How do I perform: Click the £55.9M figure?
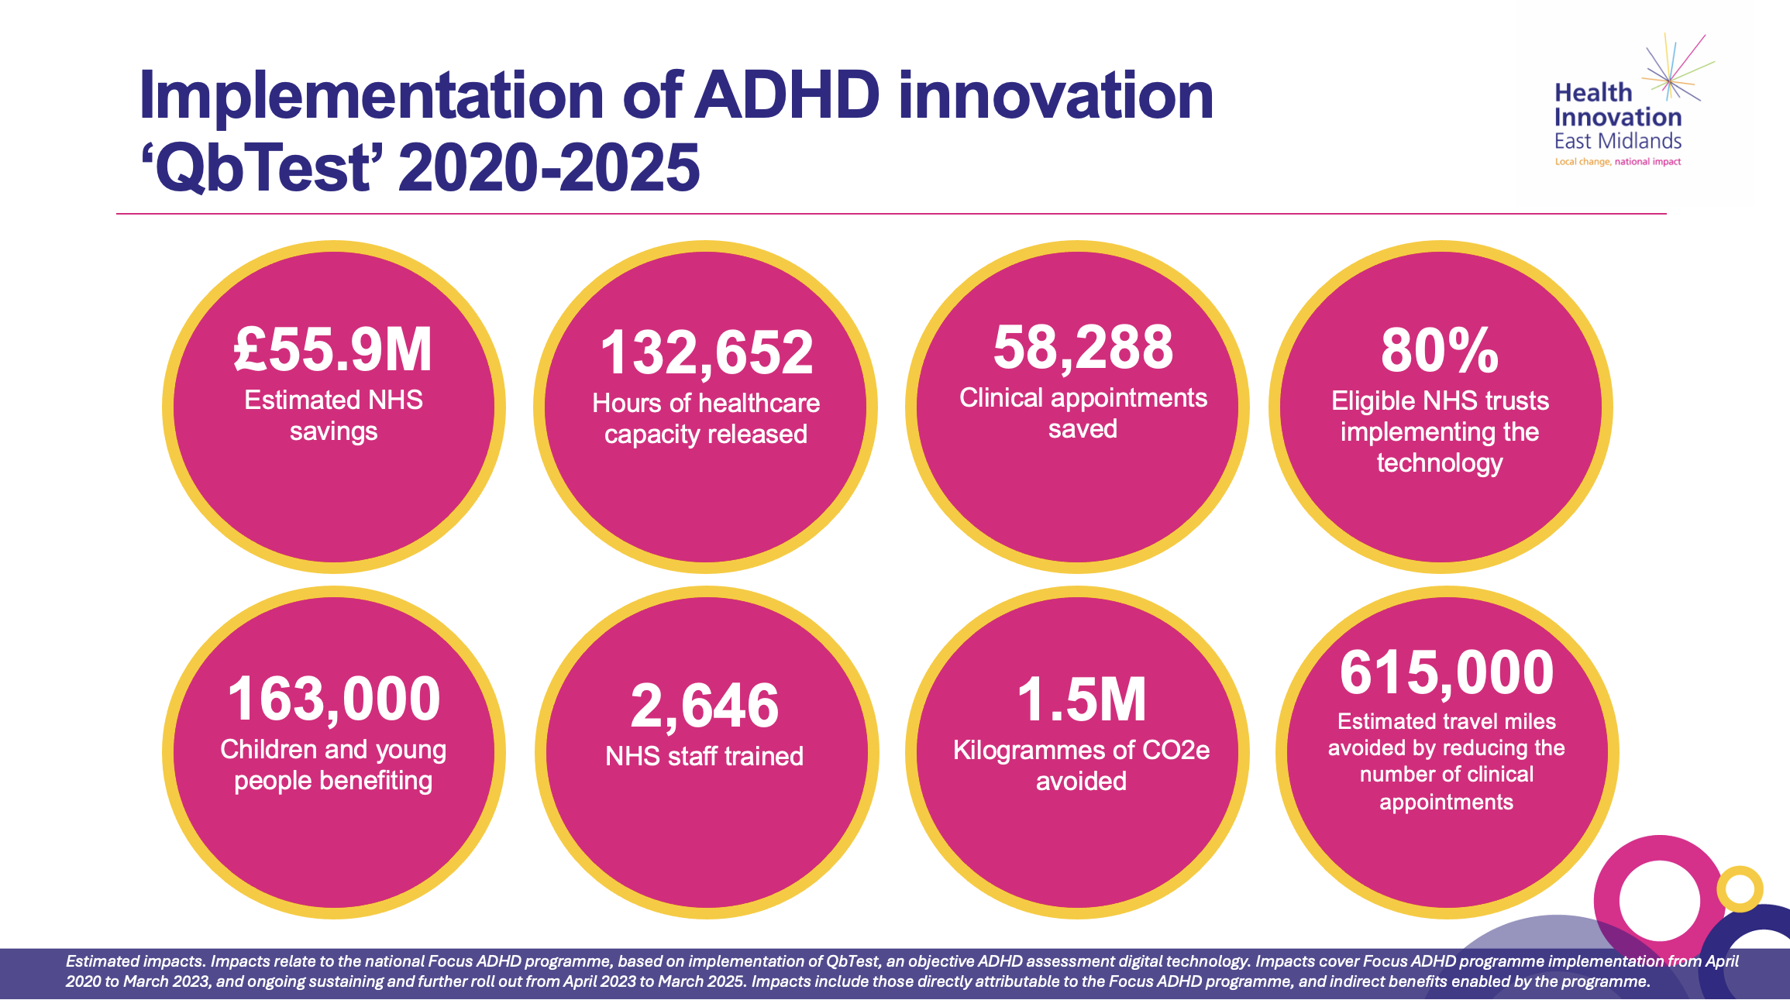333,350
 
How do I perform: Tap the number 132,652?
707,353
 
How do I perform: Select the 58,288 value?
1083,348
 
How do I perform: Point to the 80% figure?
1440,351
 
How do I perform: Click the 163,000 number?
334,699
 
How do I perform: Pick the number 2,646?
704,706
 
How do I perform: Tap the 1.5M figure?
1081,700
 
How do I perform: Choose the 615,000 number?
1447,672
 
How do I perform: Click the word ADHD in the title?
787,96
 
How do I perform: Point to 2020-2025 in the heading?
549,168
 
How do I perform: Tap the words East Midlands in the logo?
1618,142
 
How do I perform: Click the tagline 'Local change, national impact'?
1618,162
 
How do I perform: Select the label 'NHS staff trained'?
704,756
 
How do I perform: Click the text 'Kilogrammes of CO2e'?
1081,750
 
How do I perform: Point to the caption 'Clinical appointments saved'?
1083,413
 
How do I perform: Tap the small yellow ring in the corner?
1740,888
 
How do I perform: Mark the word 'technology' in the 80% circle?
1440,462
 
